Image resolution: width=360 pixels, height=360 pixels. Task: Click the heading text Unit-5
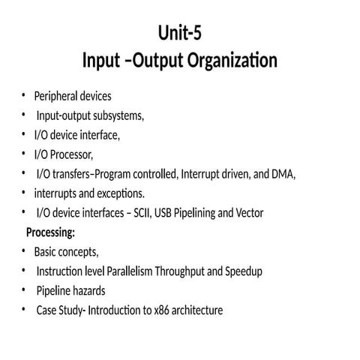coord(180,33)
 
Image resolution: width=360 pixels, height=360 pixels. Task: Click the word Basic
coord(46,251)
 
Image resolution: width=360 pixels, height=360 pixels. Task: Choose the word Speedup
coord(242,271)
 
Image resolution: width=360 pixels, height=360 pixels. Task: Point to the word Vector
coord(248,213)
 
